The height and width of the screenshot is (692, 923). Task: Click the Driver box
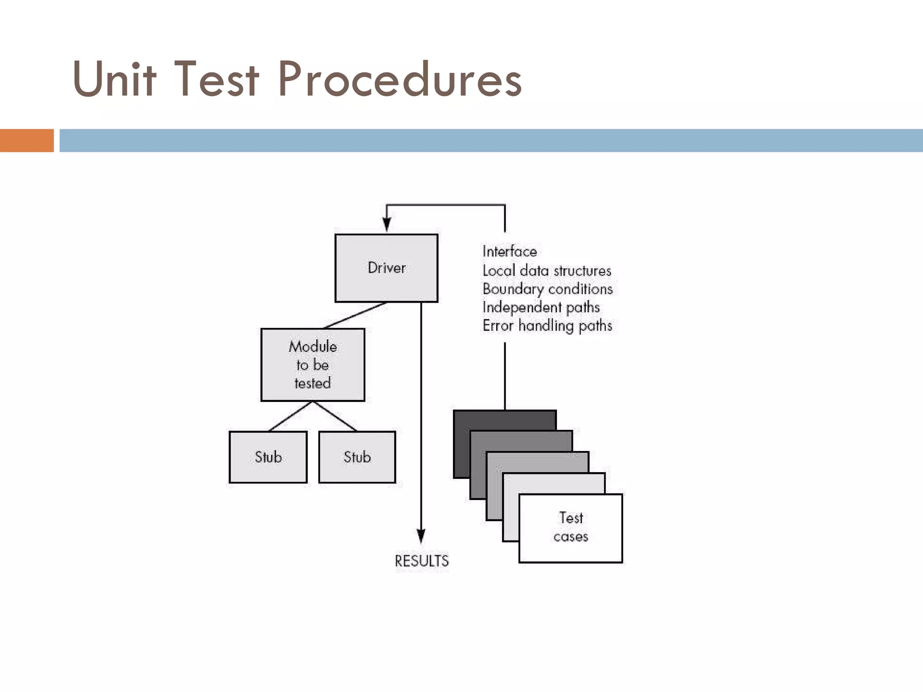coord(386,268)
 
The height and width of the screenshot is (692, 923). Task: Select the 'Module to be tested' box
coord(312,364)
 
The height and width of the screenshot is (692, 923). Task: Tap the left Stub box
coord(268,457)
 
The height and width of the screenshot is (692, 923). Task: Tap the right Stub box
coord(357,457)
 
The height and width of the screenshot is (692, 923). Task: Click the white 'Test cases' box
coord(571,528)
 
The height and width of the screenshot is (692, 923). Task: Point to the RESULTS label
coord(421,561)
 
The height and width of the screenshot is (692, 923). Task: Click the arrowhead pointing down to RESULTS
coord(421,536)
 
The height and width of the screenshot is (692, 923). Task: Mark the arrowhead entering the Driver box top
coord(387,224)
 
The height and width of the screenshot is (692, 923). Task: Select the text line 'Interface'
coord(510,251)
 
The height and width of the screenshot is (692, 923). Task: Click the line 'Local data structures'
coord(547,271)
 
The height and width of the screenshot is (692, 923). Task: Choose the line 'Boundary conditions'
coord(548,289)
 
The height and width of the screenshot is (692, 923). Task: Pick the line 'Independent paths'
coord(541,307)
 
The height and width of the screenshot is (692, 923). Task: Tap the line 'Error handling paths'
coord(547,326)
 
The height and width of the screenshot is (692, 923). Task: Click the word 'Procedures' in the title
coord(400,79)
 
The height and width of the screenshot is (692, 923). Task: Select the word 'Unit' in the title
coord(114,79)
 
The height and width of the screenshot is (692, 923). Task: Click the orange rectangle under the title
coord(27,140)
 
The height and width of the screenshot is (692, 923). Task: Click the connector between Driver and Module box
coord(355,315)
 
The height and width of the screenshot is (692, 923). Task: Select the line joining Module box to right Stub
coord(334,416)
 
